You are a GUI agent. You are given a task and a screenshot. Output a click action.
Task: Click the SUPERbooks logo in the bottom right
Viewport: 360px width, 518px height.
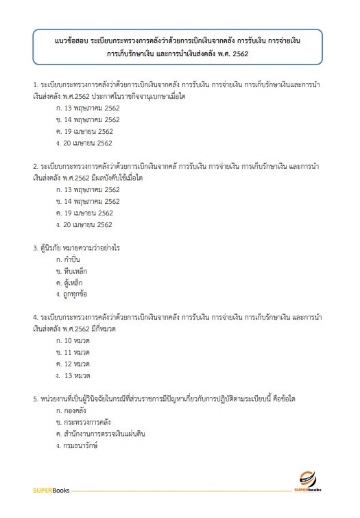(312, 482)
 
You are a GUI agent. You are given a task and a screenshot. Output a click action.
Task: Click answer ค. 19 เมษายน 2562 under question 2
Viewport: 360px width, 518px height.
(85, 213)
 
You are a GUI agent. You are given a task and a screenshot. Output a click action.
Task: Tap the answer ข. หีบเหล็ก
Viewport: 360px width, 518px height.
(73, 272)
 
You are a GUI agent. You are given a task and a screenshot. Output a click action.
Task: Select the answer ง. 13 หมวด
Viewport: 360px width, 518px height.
(75, 376)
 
